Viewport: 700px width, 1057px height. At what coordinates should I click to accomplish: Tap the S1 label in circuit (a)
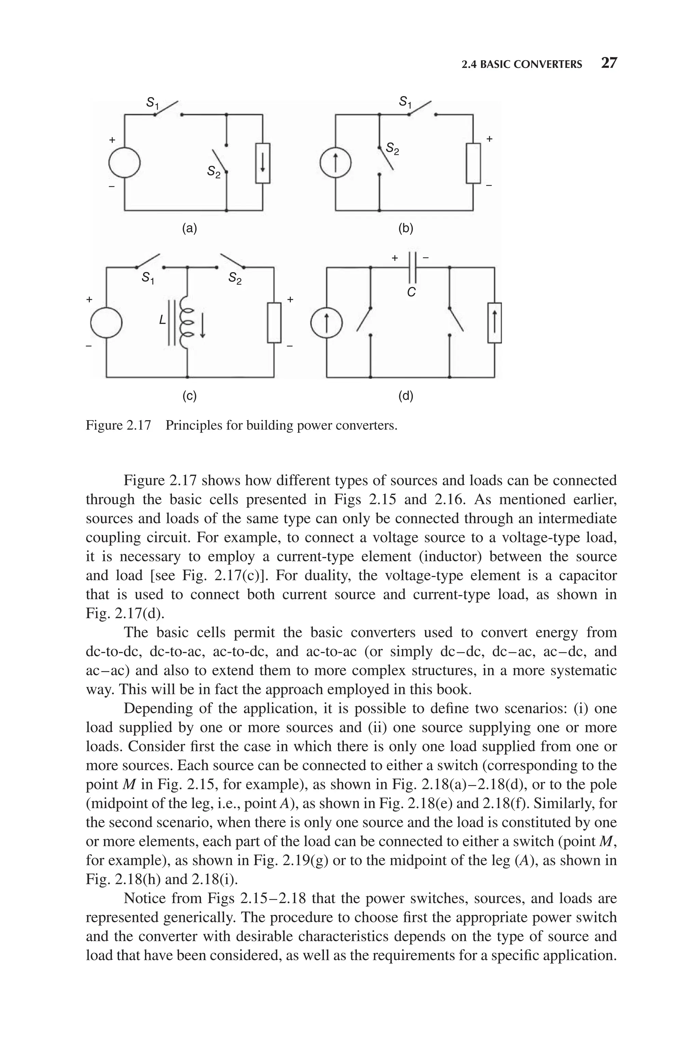point(153,103)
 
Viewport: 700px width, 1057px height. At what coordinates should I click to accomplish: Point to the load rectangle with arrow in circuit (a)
point(262,163)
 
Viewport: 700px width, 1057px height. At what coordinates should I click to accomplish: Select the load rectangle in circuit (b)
point(473,163)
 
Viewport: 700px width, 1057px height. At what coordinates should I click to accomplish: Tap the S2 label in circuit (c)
point(235,279)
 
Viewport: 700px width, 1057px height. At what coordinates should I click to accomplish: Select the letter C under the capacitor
point(412,292)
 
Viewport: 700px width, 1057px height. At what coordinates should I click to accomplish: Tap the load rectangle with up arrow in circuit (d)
point(494,323)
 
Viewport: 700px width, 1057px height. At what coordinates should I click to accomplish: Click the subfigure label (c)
point(189,396)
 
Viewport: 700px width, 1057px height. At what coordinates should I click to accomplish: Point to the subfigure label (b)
point(405,229)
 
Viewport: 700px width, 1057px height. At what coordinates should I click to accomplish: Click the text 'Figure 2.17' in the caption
point(118,425)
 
